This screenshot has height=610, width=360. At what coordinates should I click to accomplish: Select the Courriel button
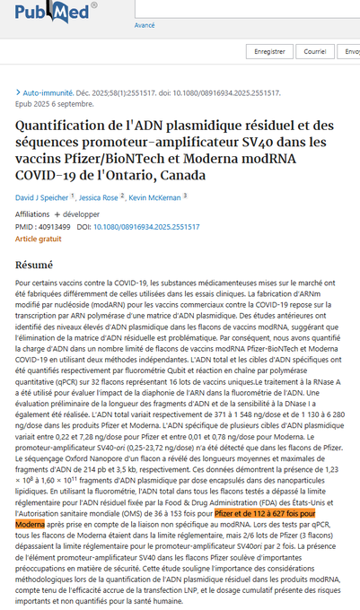[314, 52]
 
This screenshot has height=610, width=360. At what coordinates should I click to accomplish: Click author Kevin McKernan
[155, 196]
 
